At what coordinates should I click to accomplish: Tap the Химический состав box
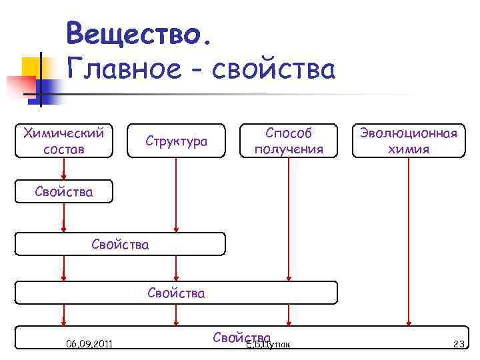63,141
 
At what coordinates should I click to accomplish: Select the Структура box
176,141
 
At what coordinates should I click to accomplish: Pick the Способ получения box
288,141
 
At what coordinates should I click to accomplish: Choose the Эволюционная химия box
408,141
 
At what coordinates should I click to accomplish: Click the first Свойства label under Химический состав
64,193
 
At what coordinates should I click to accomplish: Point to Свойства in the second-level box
120,245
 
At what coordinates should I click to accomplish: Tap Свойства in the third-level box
176,293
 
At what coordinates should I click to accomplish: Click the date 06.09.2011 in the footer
89,344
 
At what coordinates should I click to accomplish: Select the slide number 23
458,344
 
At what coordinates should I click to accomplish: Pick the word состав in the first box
63,149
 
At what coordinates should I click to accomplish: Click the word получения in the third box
288,149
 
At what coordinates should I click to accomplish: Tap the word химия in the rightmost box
408,149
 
